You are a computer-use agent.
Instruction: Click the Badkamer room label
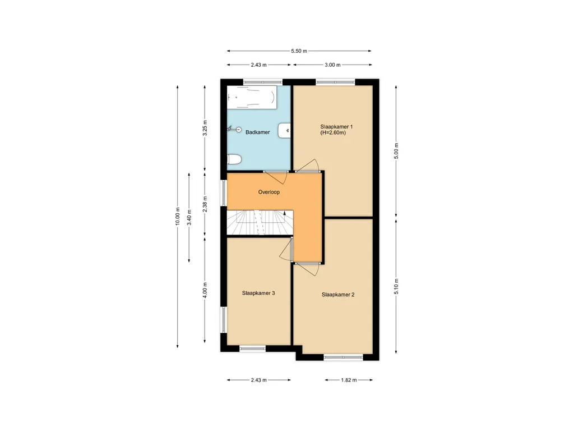tap(258, 132)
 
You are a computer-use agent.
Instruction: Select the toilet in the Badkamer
tap(234, 161)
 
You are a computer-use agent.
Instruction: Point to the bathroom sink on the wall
tap(286, 130)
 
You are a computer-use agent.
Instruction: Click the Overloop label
tap(269, 192)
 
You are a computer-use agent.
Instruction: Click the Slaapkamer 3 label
tap(258, 293)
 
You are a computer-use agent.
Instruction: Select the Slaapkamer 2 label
tap(338, 294)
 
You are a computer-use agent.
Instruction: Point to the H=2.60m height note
tap(332, 134)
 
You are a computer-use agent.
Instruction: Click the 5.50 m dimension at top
tap(299, 51)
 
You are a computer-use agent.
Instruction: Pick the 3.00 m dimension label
tap(332, 65)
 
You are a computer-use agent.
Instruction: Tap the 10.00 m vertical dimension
tap(178, 215)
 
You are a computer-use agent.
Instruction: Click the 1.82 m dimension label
tap(349, 380)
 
